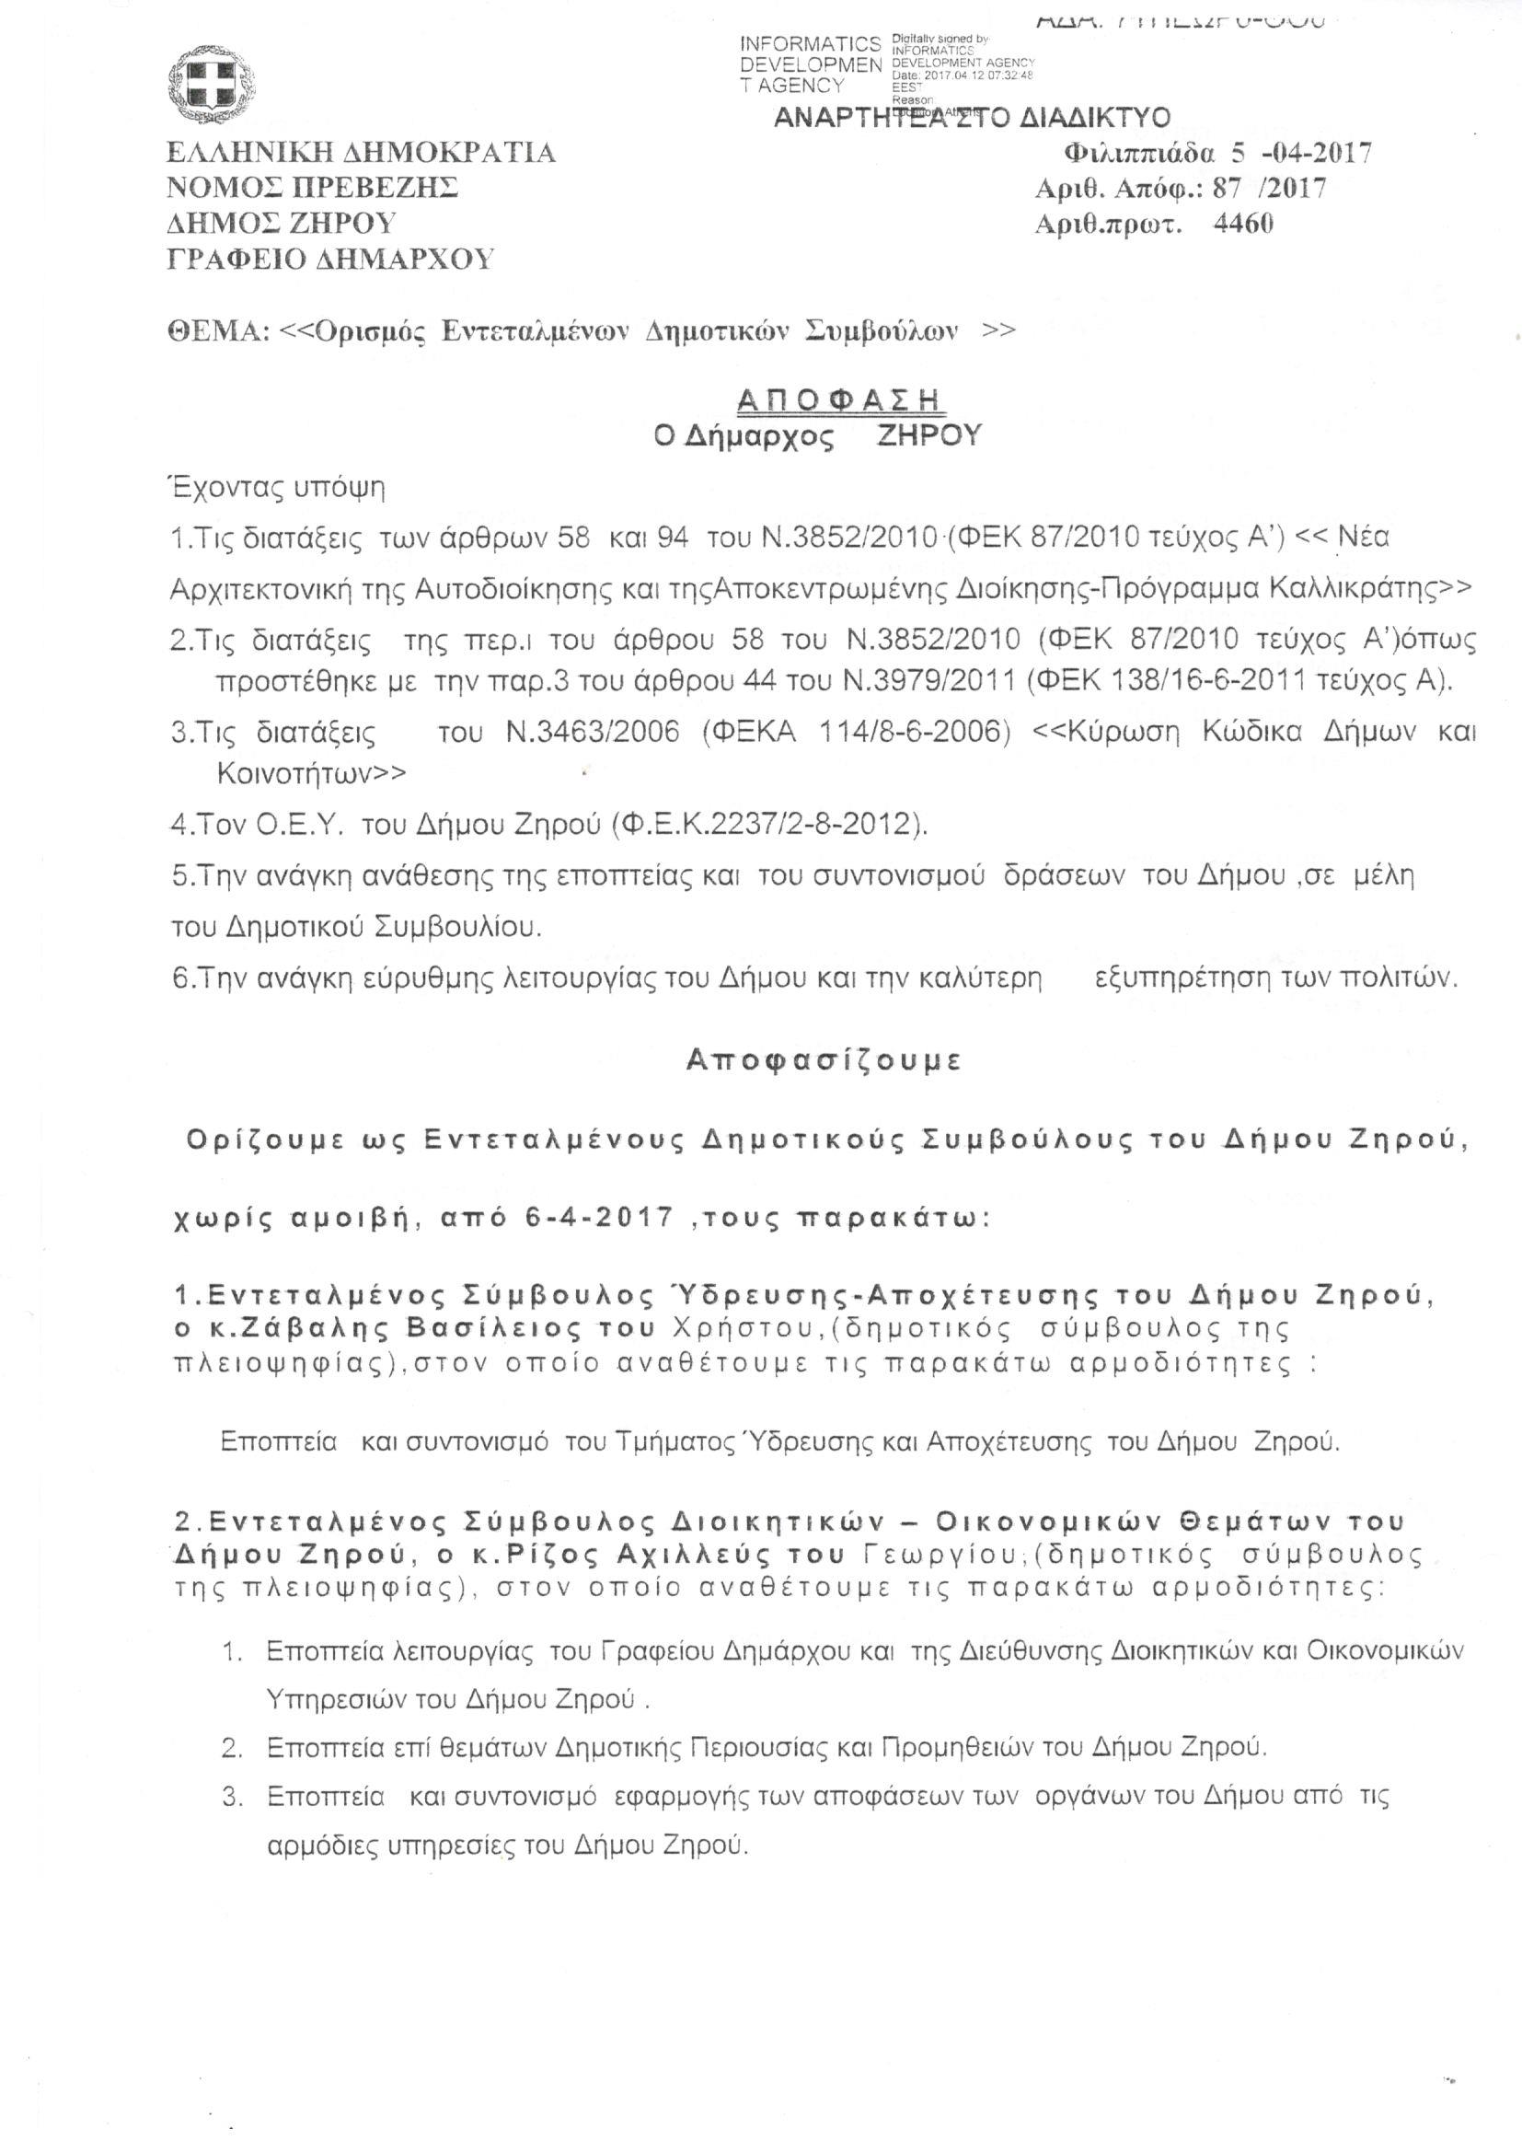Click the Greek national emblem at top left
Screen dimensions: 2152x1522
tap(213, 87)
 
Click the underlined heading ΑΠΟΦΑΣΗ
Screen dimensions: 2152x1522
tap(840, 400)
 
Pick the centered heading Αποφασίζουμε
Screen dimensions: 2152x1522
tap(824, 1060)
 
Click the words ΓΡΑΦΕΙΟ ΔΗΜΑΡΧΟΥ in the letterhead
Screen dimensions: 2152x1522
tap(330, 259)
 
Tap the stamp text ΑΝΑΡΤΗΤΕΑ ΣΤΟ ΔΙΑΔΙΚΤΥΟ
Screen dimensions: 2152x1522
tap(972, 118)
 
